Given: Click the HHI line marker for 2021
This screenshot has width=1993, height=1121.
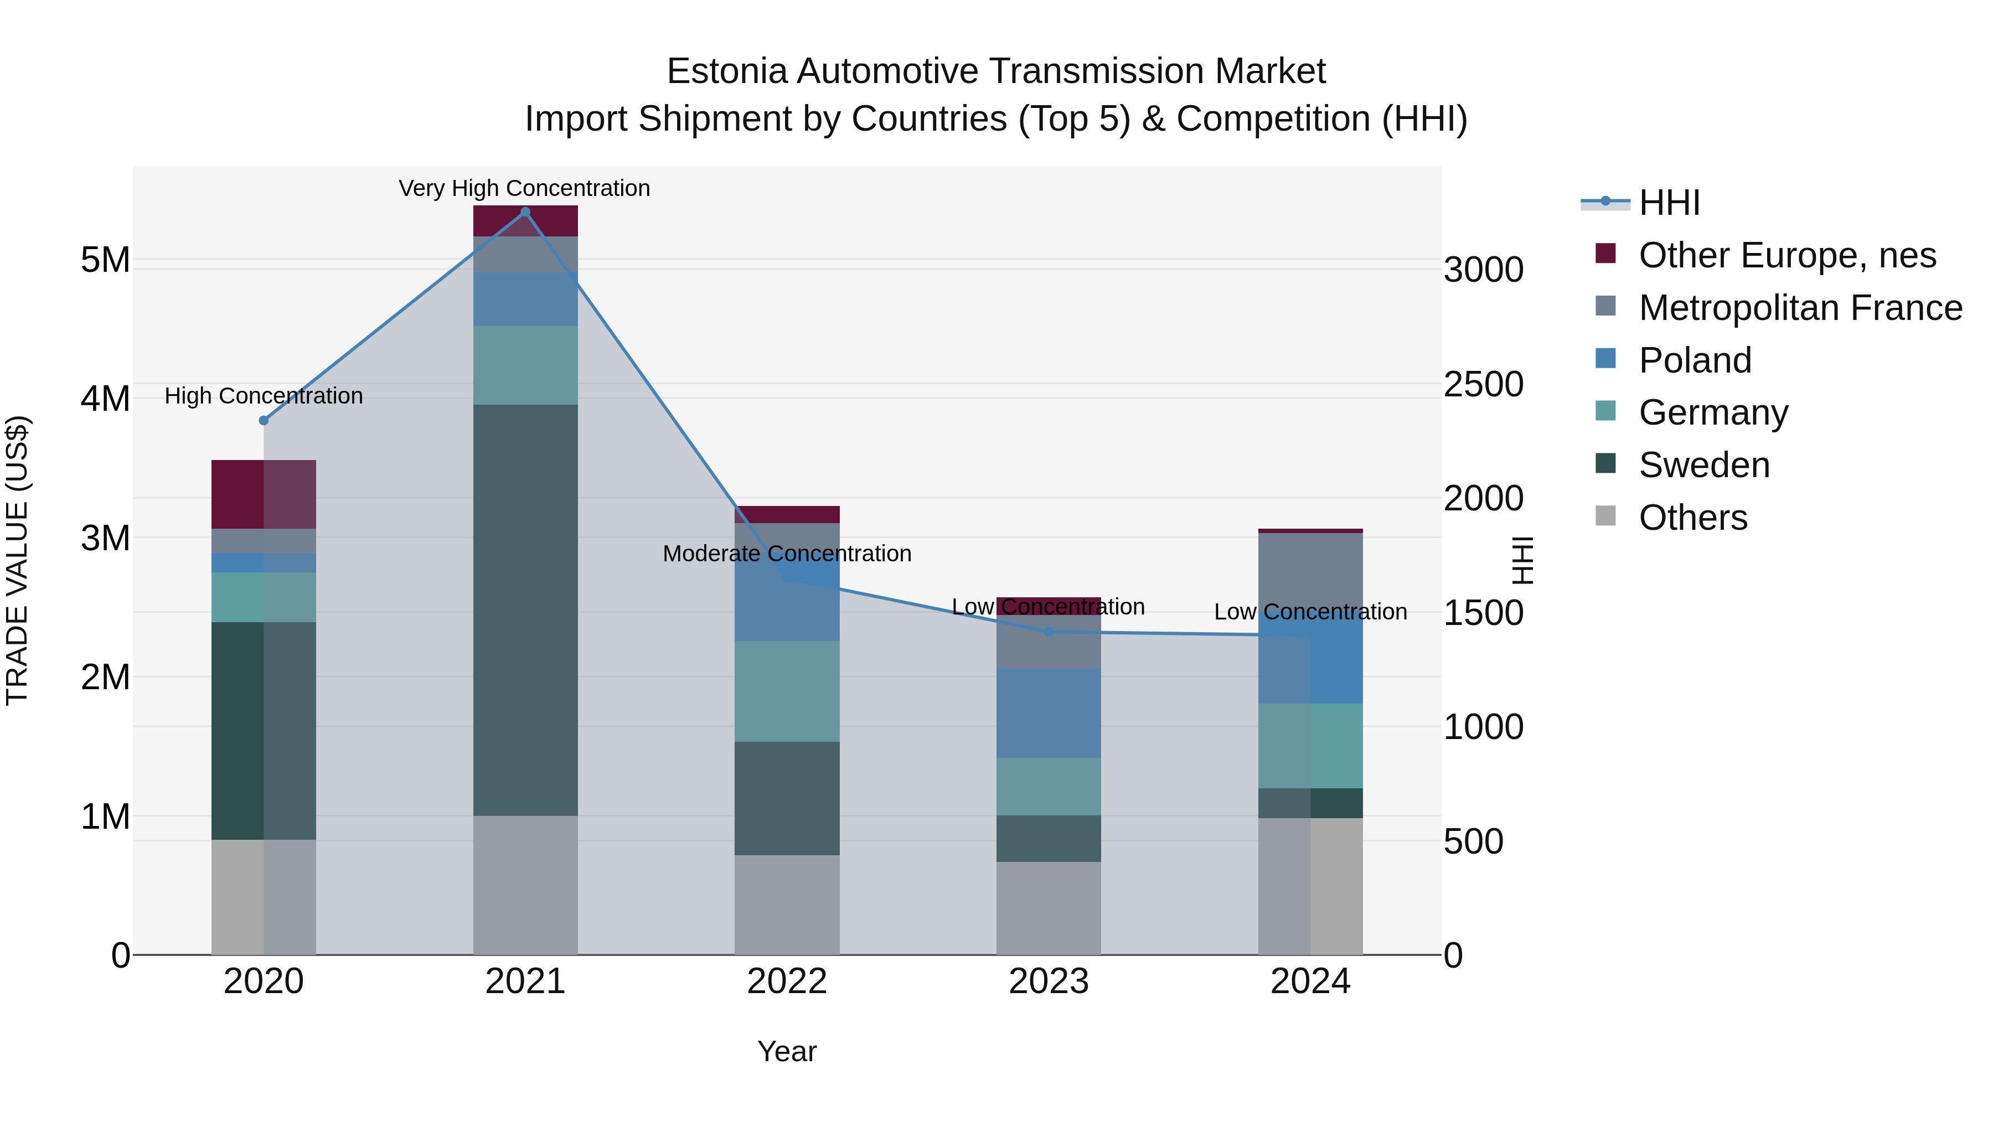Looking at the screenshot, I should (x=525, y=212).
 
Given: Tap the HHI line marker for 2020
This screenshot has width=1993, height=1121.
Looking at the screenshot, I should (x=264, y=420).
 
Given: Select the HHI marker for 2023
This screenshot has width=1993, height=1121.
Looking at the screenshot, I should (x=1049, y=631).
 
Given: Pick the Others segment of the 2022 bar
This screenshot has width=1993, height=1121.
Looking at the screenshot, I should (x=787, y=905).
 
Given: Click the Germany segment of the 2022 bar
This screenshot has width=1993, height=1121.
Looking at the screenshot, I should (x=787, y=691).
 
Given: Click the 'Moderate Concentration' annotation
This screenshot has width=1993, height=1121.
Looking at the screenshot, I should (x=787, y=553).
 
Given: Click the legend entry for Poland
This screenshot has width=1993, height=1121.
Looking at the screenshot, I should (x=1695, y=360).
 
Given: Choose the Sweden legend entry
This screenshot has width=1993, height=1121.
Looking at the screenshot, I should (x=1703, y=465).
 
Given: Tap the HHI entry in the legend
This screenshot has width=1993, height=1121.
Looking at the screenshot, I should (x=1669, y=203).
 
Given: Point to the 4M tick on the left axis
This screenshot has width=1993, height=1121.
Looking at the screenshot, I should (x=105, y=399).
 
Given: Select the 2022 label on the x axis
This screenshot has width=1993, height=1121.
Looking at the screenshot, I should (x=787, y=981).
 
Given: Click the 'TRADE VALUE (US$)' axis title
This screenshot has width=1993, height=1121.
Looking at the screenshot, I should (x=17, y=560).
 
